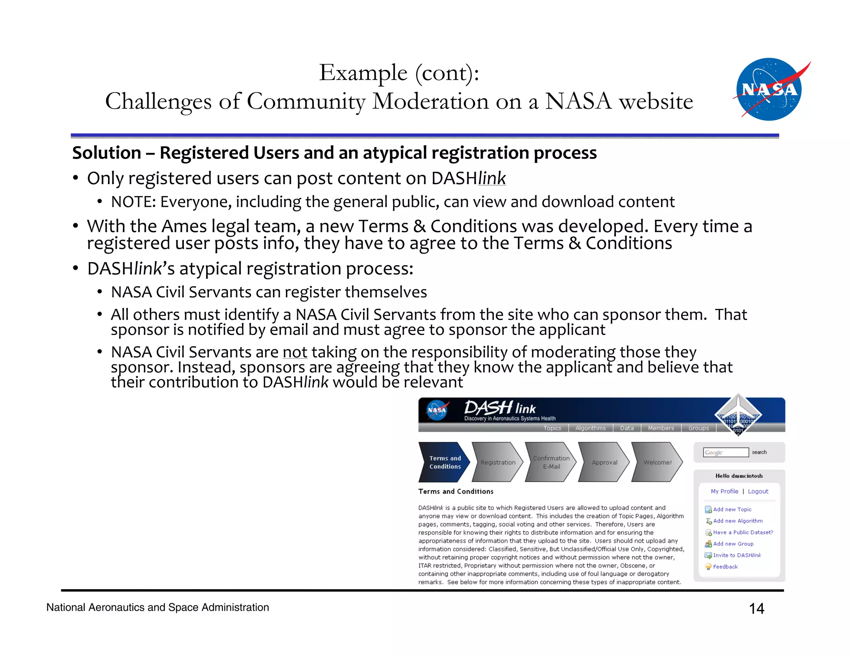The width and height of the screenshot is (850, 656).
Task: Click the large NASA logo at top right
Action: (x=769, y=90)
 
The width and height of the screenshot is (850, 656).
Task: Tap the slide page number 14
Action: (x=756, y=608)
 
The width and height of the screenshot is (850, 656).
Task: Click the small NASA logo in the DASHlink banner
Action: (x=437, y=410)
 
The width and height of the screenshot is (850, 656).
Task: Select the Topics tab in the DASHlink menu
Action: (x=552, y=428)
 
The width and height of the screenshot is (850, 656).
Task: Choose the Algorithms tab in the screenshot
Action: (x=590, y=428)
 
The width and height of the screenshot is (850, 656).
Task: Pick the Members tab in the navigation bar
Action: (x=661, y=428)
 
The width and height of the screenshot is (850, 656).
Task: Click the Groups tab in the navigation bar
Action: (x=699, y=428)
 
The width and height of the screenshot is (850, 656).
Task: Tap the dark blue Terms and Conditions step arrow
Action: (x=444, y=462)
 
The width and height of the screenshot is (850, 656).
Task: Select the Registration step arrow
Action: (x=497, y=462)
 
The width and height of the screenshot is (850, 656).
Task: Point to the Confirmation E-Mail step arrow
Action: (x=551, y=462)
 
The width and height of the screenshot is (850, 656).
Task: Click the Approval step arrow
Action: (x=604, y=462)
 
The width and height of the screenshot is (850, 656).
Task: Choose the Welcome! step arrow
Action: (x=657, y=462)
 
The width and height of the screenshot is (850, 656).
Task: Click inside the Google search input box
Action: (x=725, y=452)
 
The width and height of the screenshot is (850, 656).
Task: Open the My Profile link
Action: (x=724, y=491)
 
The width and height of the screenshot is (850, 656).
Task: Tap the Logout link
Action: (x=758, y=491)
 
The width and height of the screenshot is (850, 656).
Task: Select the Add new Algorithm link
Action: (x=738, y=521)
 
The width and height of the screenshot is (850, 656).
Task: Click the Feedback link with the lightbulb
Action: (x=725, y=566)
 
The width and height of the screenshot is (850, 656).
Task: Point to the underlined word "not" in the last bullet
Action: (x=295, y=352)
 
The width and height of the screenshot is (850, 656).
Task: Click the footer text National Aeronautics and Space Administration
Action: (x=158, y=607)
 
